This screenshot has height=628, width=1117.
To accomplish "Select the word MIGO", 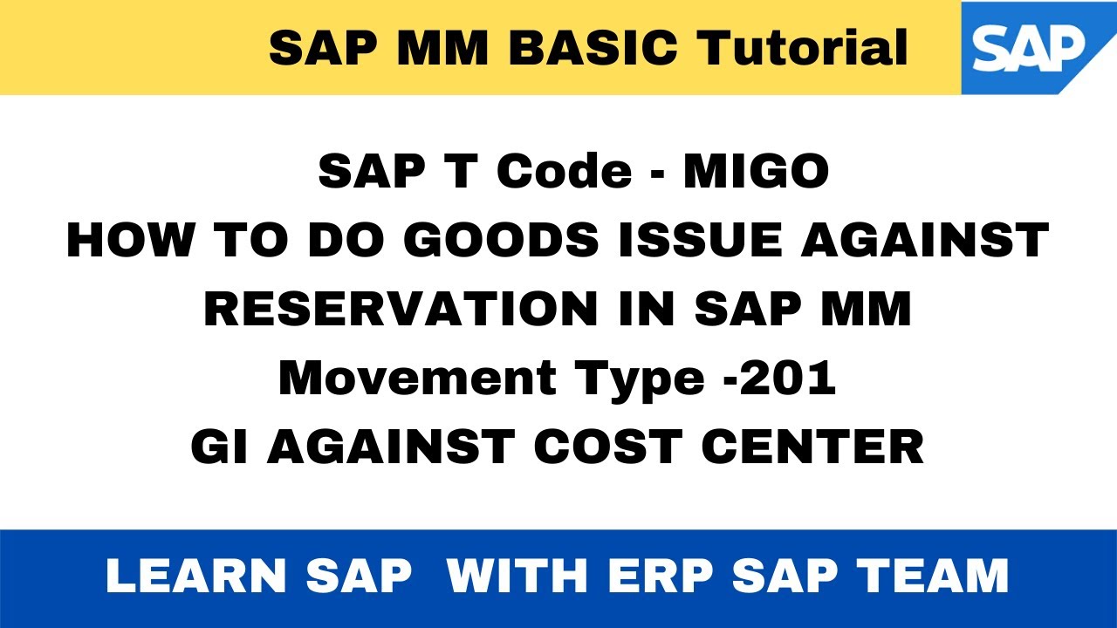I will point(757,171).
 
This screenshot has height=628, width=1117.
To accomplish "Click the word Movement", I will point(418,378).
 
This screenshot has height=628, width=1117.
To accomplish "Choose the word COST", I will point(610,447).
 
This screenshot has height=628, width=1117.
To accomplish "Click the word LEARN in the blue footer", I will point(196,577).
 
